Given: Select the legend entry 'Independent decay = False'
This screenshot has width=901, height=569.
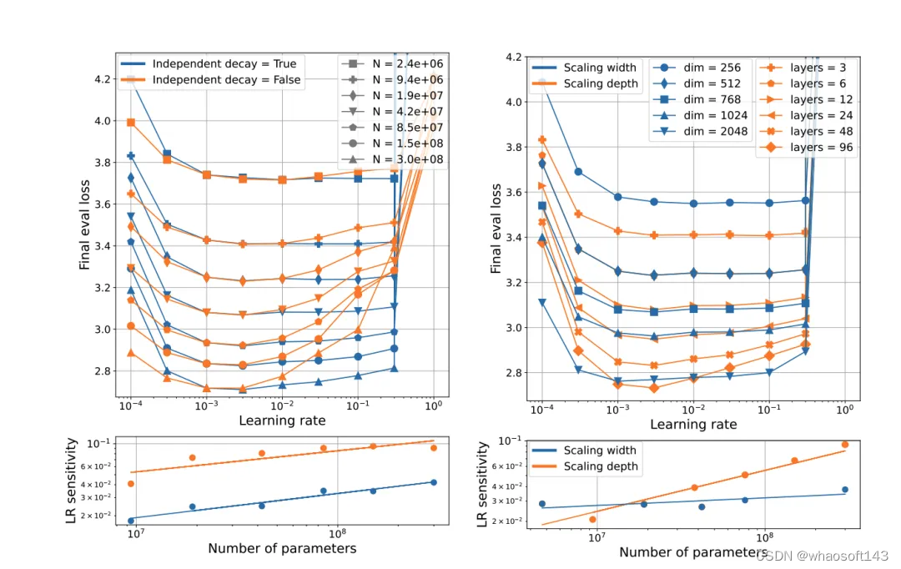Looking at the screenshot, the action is pyautogui.click(x=210, y=80).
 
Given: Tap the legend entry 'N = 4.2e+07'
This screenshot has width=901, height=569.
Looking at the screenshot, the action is pyautogui.click(x=393, y=112).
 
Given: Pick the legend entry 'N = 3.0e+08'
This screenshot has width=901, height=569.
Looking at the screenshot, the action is pyautogui.click(x=393, y=159).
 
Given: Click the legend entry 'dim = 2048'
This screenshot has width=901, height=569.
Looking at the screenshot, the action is pyautogui.click(x=701, y=132).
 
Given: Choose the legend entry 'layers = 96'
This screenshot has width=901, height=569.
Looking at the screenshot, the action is pyautogui.click(x=807, y=148).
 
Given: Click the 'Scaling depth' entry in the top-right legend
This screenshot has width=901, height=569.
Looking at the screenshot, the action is pyautogui.click(x=585, y=84).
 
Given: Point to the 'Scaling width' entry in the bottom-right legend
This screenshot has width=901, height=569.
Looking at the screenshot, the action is pyautogui.click(x=584, y=451).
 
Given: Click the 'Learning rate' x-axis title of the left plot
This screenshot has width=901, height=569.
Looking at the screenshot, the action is pyautogui.click(x=282, y=420).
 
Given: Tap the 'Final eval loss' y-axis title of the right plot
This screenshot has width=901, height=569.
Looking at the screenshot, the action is pyautogui.click(x=496, y=229).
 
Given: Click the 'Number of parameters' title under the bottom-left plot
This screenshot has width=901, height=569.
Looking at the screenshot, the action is pyautogui.click(x=282, y=548).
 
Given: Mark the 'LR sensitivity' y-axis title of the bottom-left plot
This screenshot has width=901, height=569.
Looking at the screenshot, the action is pyautogui.click(x=71, y=481).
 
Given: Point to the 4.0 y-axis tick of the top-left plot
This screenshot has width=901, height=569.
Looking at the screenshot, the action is pyautogui.click(x=103, y=121).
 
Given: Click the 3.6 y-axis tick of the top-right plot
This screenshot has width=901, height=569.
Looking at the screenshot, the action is pyautogui.click(x=514, y=193).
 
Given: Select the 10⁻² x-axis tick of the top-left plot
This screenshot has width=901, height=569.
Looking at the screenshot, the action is pyautogui.click(x=282, y=405).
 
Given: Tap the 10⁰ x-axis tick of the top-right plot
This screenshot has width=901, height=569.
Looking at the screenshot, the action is pyautogui.click(x=844, y=409).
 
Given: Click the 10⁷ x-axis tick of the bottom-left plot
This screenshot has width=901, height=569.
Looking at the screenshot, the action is pyautogui.click(x=136, y=533).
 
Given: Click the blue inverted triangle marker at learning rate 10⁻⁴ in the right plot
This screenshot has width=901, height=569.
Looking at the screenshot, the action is pyautogui.click(x=542, y=302).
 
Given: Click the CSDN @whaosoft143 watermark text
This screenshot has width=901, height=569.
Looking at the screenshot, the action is pyautogui.click(x=823, y=556).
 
